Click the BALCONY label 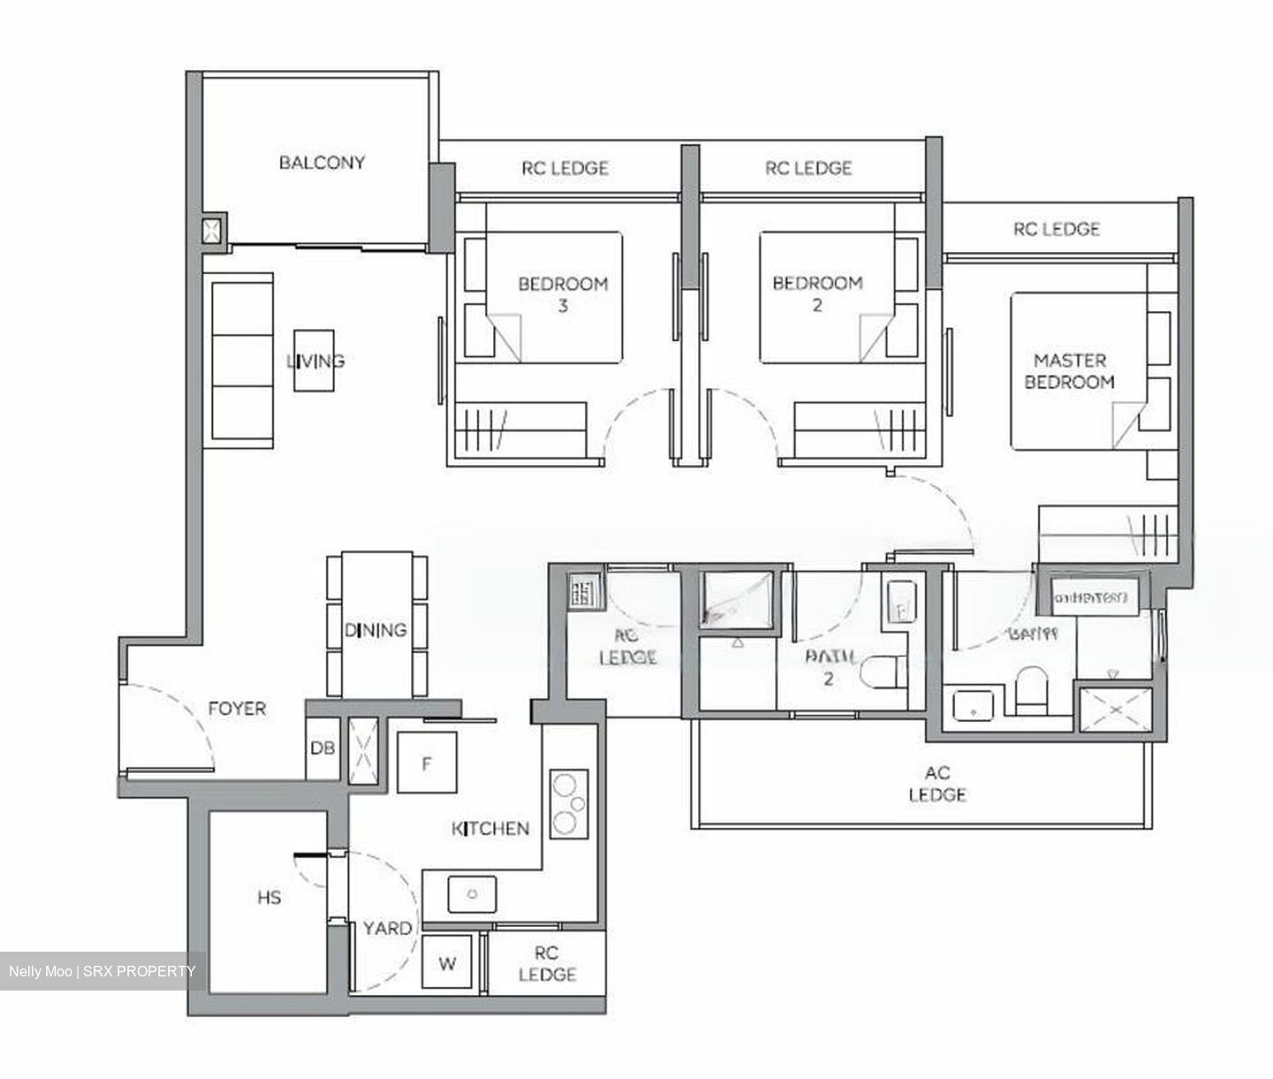322,163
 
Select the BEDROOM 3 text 562,295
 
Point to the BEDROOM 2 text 817,294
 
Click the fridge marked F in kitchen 426,762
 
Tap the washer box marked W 447,963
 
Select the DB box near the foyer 322,748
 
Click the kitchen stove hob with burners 568,804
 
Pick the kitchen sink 472,894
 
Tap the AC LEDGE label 937,784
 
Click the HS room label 269,898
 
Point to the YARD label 387,928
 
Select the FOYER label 236,708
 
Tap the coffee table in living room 315,360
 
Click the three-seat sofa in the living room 240,360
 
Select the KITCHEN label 491,829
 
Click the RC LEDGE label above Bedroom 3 565,168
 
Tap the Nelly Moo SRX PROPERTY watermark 102,971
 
